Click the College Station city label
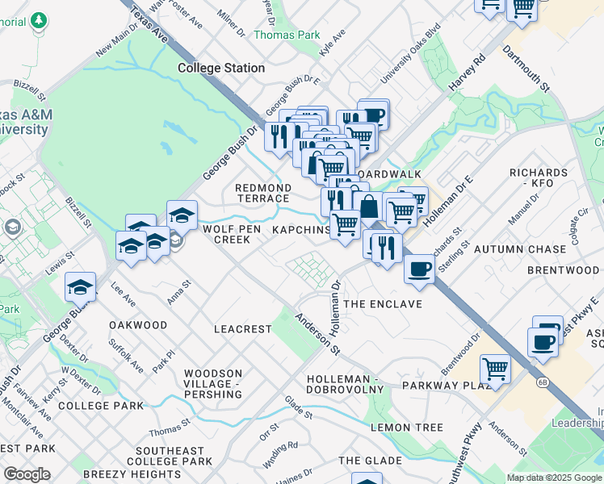tap(221, 69)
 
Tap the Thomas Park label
tap(285, 35)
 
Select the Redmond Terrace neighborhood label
tap(262, 193)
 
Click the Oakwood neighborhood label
tap(138, 325)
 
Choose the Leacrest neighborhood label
tap(241, 329)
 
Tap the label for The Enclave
tap(383, 304)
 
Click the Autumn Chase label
tap(520, 249)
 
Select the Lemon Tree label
tap(407, 427)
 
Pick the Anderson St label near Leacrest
tap(317, 332)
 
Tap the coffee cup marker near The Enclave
tap(419, 269)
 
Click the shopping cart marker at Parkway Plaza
tap(495, 369)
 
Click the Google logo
tap(27, 474)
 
